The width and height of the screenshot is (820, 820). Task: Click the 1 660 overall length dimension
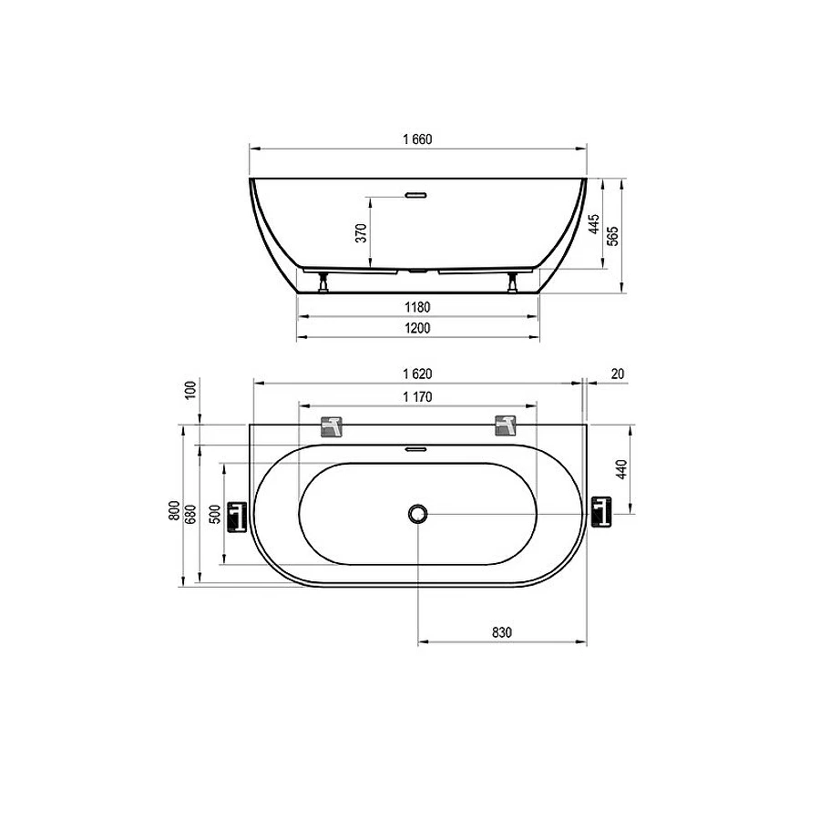417,139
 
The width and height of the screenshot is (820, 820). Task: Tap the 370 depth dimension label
361,232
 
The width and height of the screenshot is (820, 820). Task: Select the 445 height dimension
594,224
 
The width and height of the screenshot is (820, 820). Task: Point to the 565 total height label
613,236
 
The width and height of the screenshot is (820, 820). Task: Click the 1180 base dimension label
417,307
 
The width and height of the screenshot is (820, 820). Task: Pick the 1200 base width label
417,328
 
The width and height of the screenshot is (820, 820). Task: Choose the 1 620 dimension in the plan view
417,374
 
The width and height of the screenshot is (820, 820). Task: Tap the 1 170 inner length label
417,397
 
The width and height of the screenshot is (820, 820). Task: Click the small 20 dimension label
618,374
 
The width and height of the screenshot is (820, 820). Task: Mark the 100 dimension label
190,390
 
